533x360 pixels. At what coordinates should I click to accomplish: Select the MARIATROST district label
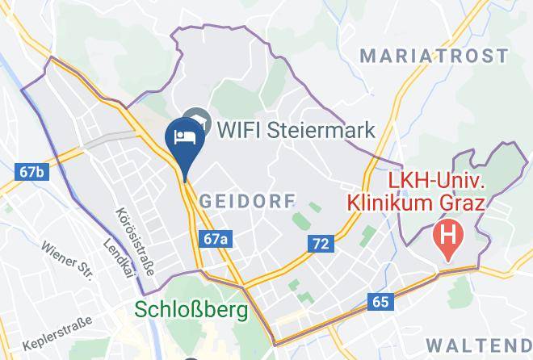pyautogui.click(x=434, y=57)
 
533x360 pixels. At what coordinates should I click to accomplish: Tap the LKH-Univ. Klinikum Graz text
pyautogui.click(x=416, y=190)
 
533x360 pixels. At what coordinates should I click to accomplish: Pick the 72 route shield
pyautogui.click(x=320, y=242)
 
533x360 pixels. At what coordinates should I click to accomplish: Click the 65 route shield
pyautogui.click(x=380, y=302)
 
